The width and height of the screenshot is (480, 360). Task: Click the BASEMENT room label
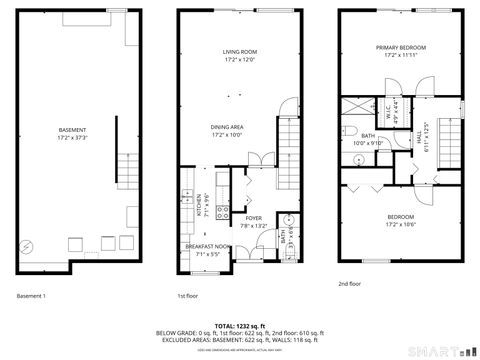click(71, 130)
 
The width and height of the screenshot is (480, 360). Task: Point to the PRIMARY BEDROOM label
click(400, 48)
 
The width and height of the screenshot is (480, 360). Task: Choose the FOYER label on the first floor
click(254, 218)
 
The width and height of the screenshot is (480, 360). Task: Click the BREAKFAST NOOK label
click(205, 246)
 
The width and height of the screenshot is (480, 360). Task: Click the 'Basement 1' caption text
click(32, 296)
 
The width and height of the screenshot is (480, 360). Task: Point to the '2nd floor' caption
click(350, 283)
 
